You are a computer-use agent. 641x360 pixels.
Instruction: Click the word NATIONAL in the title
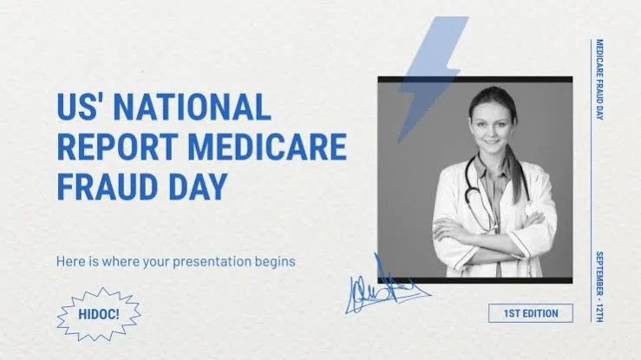point(192,106)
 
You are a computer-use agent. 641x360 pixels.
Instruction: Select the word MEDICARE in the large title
point(267,147)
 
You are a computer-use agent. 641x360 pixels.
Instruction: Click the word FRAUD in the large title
point(108,187)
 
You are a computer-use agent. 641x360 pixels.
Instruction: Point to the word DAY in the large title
point(198,187)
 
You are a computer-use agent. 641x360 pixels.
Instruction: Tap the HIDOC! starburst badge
point(99,314)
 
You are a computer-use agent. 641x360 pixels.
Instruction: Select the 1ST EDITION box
point(531,313)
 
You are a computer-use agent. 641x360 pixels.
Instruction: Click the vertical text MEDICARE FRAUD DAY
point(599,80)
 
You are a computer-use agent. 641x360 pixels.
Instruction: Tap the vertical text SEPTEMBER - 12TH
point(599,287)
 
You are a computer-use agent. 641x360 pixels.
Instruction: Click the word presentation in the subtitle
point(212,261)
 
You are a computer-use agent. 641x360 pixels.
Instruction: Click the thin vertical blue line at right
point(592,180)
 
